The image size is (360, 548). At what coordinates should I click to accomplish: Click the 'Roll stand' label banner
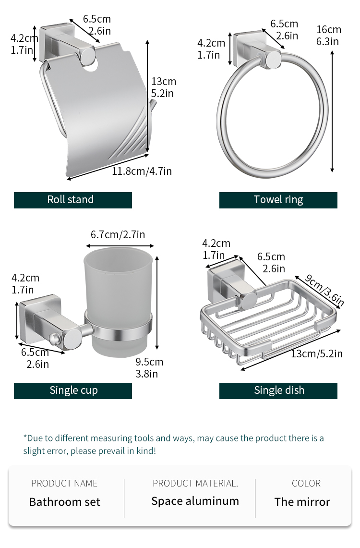pos(72,200)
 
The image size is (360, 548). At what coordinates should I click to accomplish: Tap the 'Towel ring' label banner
pos(278,200)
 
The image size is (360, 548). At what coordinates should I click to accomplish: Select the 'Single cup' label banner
pos(72,390)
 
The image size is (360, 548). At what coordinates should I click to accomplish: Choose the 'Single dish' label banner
pos(278,390)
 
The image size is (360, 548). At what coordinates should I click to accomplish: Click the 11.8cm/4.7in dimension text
pos(142,171)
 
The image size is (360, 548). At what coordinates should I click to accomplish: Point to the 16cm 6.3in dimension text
pos(329,35)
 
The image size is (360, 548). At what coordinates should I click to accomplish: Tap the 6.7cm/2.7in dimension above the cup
pos(118,234)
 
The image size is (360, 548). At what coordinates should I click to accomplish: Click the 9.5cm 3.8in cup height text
pos(149,368)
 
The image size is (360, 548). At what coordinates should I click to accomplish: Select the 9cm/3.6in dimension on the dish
pos(324,290)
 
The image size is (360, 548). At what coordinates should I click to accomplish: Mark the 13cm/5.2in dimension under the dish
pos(317,353)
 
